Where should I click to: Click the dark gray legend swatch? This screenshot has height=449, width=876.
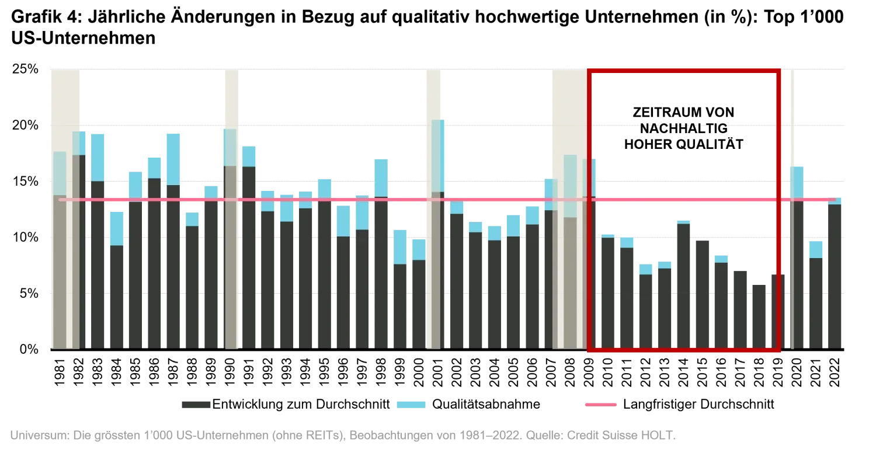194,404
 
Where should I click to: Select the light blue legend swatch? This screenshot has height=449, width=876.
411,404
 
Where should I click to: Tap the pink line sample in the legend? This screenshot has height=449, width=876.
602,404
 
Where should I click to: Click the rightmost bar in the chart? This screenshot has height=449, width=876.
836,274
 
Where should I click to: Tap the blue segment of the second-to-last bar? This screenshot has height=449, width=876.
816,249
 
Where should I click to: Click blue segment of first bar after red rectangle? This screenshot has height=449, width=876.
797,182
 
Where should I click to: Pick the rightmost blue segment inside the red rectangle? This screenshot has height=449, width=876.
721,258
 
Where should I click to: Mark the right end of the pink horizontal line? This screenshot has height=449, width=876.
835,200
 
